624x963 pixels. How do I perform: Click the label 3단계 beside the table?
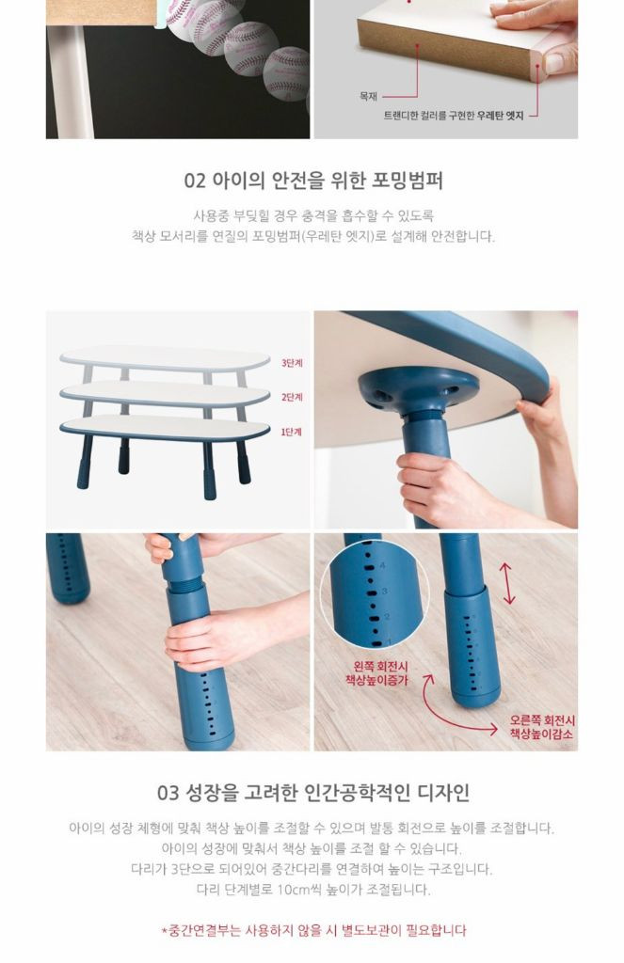click(292, 362)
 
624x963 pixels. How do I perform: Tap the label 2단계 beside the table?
click(292, 397)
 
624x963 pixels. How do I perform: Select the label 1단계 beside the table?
click(292, 432)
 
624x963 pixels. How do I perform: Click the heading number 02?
click(194, 180)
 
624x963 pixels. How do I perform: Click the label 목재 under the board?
click(368, 95)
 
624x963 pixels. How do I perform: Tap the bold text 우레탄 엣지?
click(500, 114)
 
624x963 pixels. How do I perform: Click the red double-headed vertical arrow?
click(509, 583)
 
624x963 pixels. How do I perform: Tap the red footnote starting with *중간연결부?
click(312, 930)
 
